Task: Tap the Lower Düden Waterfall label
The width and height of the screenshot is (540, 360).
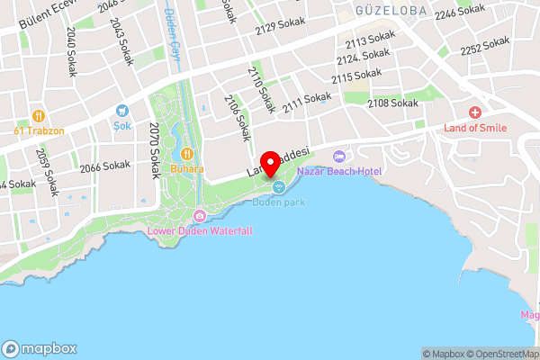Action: tap(200, 231)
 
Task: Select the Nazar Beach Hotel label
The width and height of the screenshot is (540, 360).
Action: tap(340, 171)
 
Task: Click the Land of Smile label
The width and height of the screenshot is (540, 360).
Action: tap(475, 128)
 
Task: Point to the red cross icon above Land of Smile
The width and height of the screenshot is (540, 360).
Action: tap(475, 112)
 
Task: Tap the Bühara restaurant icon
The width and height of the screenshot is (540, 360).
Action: tap(188, 154)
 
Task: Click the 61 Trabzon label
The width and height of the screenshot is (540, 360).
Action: tap(38, 130)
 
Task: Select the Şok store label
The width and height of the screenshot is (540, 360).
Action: tap(122, 124)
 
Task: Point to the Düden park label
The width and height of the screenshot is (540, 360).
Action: tap(278, 202)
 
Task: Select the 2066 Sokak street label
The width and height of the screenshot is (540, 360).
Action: tap(104, 166)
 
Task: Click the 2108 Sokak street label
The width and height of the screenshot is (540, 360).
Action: tap(392, 103)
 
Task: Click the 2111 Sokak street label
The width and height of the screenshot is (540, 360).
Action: tap(306, 104)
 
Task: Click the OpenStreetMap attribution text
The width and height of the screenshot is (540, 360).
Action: tap(501, 354)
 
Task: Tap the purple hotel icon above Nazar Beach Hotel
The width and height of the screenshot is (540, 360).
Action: tap(339, 157)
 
